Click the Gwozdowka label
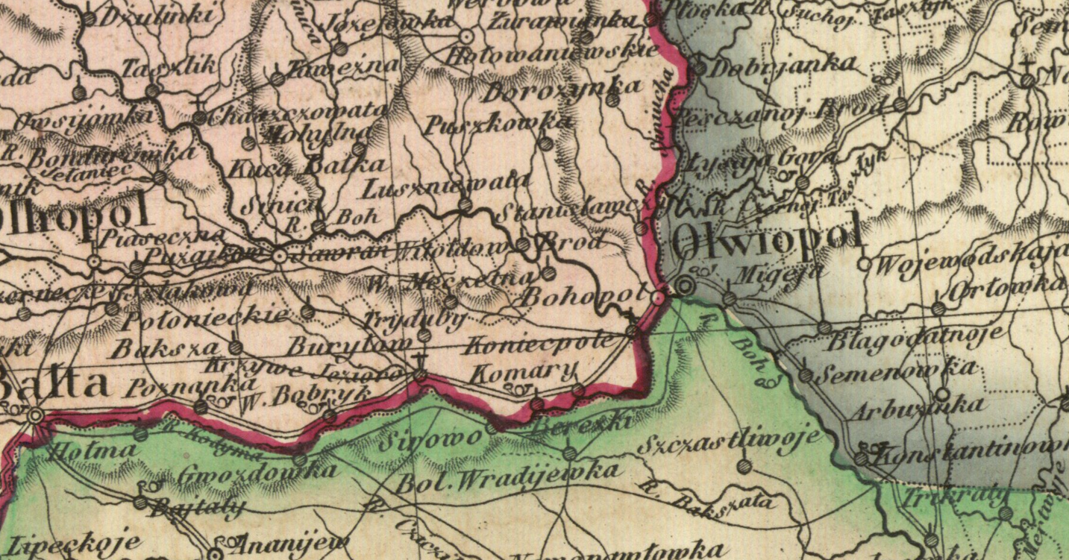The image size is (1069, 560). (258, 472)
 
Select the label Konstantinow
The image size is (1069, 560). (970, 451)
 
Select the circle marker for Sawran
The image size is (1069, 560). (279, 256)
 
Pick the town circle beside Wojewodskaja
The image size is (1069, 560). (863, 263)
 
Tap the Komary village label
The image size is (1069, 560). (523, 370)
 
